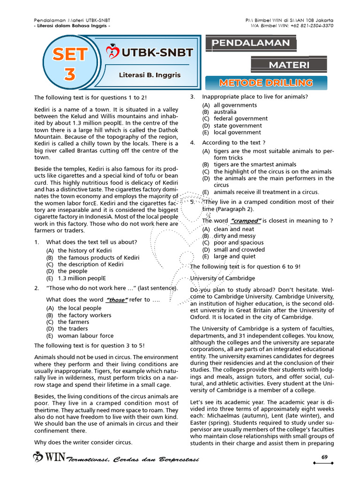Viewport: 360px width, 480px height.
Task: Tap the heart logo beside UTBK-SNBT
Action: click(x=112, y=51)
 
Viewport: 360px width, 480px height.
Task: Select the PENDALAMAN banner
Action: click(x=251, y=44)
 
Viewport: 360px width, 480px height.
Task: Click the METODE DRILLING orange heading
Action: click(x=266, y=83)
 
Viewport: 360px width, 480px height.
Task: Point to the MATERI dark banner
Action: click(x=289, y=64)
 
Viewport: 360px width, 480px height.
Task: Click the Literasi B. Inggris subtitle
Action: click(x=150, y=75)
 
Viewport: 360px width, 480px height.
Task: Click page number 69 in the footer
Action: click(x=324, y=457)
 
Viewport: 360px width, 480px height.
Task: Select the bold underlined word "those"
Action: click(x=117, y=300)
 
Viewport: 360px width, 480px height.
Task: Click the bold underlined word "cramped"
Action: click(x=246, y=221)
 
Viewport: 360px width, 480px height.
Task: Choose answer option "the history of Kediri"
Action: click(x=84, y=251)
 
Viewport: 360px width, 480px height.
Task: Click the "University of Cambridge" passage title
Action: click(x=223, y=278)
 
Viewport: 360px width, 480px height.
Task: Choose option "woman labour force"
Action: click(x=85, y=336)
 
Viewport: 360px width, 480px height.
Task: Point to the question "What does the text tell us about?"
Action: click(x=91, y=242)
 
